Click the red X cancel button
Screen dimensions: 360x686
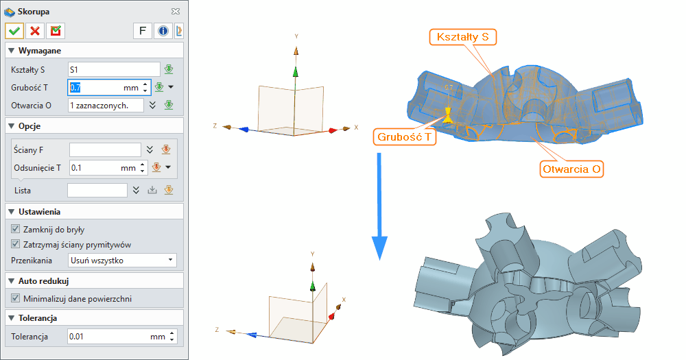coord(35,30)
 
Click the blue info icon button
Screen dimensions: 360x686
coord(163,30)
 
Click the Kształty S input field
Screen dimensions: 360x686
coord(113,69)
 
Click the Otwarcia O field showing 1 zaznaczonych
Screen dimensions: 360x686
coord(106,105)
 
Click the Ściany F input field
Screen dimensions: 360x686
coord(105,149)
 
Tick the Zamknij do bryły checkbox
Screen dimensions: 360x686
coord(16,229)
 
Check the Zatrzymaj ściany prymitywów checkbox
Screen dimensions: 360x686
coord(16,244)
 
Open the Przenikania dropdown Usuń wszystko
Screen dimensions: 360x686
coord(122,261)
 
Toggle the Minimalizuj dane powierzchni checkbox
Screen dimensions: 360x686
coord(16,298)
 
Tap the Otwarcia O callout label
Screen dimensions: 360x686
coord(573,169)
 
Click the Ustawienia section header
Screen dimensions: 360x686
coord(44,212)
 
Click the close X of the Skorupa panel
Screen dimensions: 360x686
coord(176,11)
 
